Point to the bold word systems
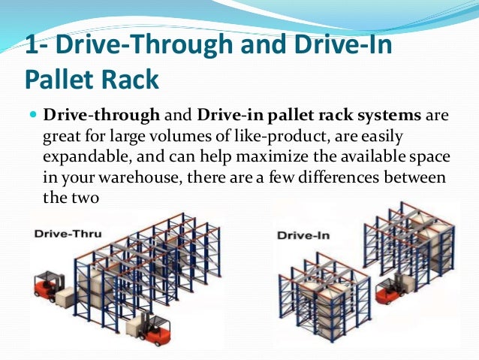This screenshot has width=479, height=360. [395, 116]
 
